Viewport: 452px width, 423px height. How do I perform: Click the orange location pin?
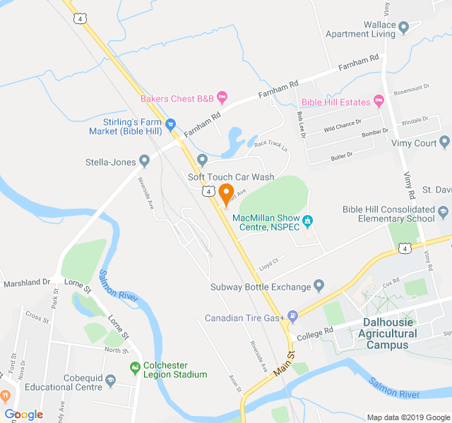(226, 192)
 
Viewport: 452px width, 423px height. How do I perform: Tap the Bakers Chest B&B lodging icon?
(222, 97)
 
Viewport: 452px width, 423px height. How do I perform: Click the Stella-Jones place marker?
(144, 161)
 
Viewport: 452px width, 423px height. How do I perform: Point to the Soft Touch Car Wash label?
(231, 176)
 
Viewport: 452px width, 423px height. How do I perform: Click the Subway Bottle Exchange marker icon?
(319, 286)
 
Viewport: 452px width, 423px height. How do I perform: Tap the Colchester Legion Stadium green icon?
(135, 367)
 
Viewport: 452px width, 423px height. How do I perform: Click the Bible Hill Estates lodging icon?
(379, 102)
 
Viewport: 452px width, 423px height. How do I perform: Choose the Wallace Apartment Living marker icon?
(404, 27)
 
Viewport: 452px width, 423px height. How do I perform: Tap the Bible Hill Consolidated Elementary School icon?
(442, 211)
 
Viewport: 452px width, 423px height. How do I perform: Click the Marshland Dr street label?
(25, 281)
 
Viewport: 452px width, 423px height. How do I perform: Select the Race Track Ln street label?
(272, 146)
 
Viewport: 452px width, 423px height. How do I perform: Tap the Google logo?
(23, 415)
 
